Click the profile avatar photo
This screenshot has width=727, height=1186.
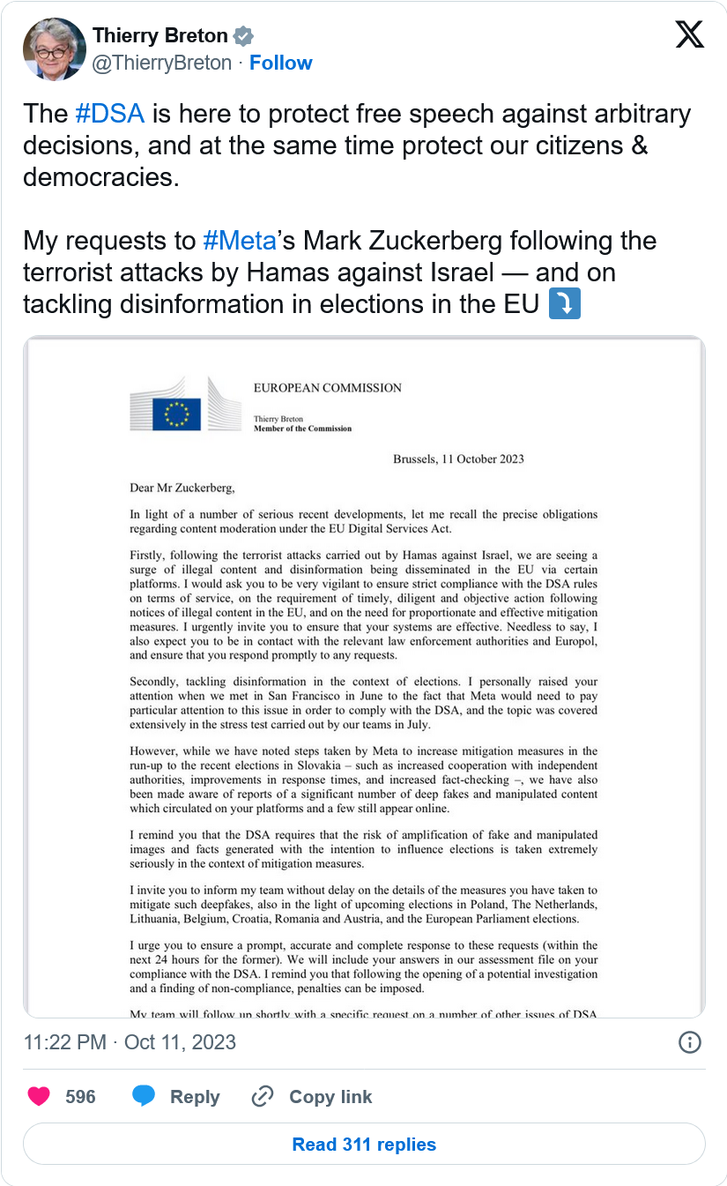pyautogui.click(x=54, y=49)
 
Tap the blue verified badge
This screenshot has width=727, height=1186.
pyautogui.click(x=243, y=36)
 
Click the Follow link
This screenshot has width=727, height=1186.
pyautogui.click(x=280, y=63)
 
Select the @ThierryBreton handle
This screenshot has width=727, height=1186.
pyautogui.click(x=162, y=63)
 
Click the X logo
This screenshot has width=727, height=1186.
pyautogui.click(x=689, y=34)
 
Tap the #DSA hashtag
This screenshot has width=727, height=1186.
pyautogui.click(x=110, y=114)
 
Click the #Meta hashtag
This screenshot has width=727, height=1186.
pyautogui.click(x=239, y=241)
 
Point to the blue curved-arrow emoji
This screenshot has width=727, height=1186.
pyautogui.click(x=564, y=304)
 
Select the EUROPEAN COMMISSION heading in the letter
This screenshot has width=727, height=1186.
pyautogui.click(x=327, y=387)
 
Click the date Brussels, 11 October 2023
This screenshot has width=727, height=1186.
pyautogui.click(x=458, y=459)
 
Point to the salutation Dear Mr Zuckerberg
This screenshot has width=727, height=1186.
pyautogui.click(x=182, y=487)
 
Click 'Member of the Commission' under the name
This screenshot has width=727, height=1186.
pyautogui.click(x=302, y=429)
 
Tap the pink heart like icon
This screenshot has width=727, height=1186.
pyautogui.click(x=39, y=1096)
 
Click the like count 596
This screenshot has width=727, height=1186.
pyautogui.click(x=80, y=1097)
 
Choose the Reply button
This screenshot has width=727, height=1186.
pyautogui.click(x=176, y=1097)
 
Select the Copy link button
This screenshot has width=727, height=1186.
pyautogui.click(x=312, y=1097)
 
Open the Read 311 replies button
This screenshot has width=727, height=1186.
pyautogui.click(x=364, y=1145)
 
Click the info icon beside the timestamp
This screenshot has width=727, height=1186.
pyautogui.click(x=689, y=1042)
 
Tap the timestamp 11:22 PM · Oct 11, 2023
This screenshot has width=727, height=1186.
pyautogui.click(x=130, y=1042)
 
